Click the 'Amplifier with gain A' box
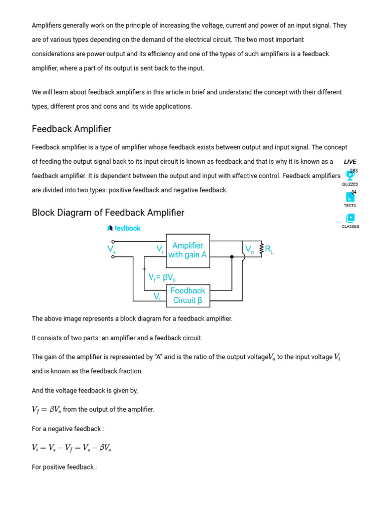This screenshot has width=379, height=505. tap(188, 251)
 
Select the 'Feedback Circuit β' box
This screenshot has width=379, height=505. tap(188, 295)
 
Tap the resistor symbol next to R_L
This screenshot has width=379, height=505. tap(261, 249)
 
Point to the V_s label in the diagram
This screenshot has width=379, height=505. tap(112, 250)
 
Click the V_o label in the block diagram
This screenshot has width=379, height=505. tap(249, 250)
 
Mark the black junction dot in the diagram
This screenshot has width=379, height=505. tap(232, 257)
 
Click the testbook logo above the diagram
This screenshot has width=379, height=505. tap(124, 228)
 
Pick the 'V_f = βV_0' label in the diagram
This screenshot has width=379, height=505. tap(162, 278)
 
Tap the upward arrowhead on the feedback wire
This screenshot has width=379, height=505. tap(144, 269)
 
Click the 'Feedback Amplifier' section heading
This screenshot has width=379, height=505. tap(72, 129)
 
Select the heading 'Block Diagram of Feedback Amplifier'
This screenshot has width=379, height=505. tap(108, 213)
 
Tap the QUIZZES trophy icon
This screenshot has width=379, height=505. tap(350, 175)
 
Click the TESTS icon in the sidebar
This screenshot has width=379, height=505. tap(350, 197)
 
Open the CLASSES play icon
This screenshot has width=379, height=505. tap(350, 218)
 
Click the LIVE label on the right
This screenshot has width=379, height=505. tap(350, 162)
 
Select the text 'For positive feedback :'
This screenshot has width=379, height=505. tap(64, 467)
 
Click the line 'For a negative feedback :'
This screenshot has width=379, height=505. tap(68, 429)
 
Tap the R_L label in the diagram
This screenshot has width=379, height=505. tap(269, 250)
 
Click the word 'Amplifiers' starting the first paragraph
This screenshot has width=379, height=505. tap(47, 25)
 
